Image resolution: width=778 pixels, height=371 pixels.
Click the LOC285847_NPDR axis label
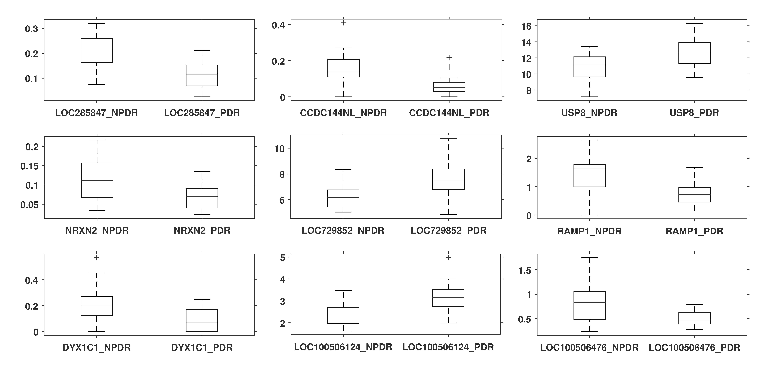click(x=96, y=113)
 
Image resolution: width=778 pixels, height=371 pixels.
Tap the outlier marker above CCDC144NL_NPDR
click(x=343, y=23)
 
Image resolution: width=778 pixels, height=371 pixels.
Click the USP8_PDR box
click(x=694, y=53)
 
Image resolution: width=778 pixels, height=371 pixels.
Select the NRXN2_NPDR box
click(x=97, y=180)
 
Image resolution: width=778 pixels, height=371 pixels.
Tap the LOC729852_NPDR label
click(x=343, y=230)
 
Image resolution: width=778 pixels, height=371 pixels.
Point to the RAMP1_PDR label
click(x=694, y=231)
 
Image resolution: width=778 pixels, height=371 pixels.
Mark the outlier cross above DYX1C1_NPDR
click(x=97, y=258)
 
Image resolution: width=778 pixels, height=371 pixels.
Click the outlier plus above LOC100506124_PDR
click(x=448, y=258)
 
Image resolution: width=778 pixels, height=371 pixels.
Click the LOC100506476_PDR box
click(x=694, y=318)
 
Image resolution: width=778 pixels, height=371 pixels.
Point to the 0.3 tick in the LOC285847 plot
click(x=31, y=29)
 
